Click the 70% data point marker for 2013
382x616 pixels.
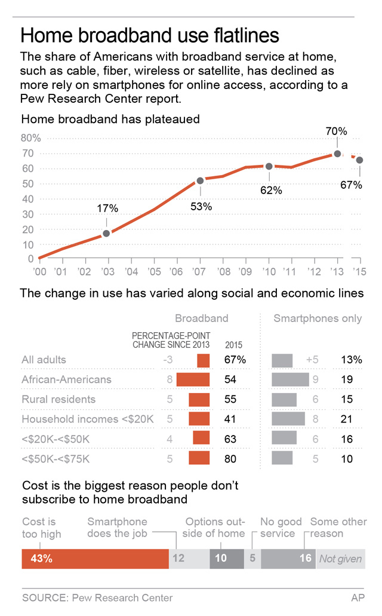tap(337, 154)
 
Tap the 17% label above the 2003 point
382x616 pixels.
tap(107, 209)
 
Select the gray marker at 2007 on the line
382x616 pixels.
tap(200, 180)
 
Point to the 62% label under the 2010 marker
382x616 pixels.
tap(270, 191)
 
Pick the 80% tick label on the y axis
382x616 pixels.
tap(31, 138)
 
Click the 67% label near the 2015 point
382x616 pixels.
tap(351, 185)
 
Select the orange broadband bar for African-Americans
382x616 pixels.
tap(193, 379)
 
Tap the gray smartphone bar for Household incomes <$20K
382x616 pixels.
tap(288, 419)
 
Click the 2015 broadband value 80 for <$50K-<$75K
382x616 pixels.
tap(230, 459)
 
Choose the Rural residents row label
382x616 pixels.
tap(58, 399)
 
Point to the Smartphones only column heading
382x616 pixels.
tap(318, 318)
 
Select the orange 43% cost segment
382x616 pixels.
tap(95, 559)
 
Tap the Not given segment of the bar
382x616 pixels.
tap(340, 559)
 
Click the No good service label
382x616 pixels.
tap(281, 528)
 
